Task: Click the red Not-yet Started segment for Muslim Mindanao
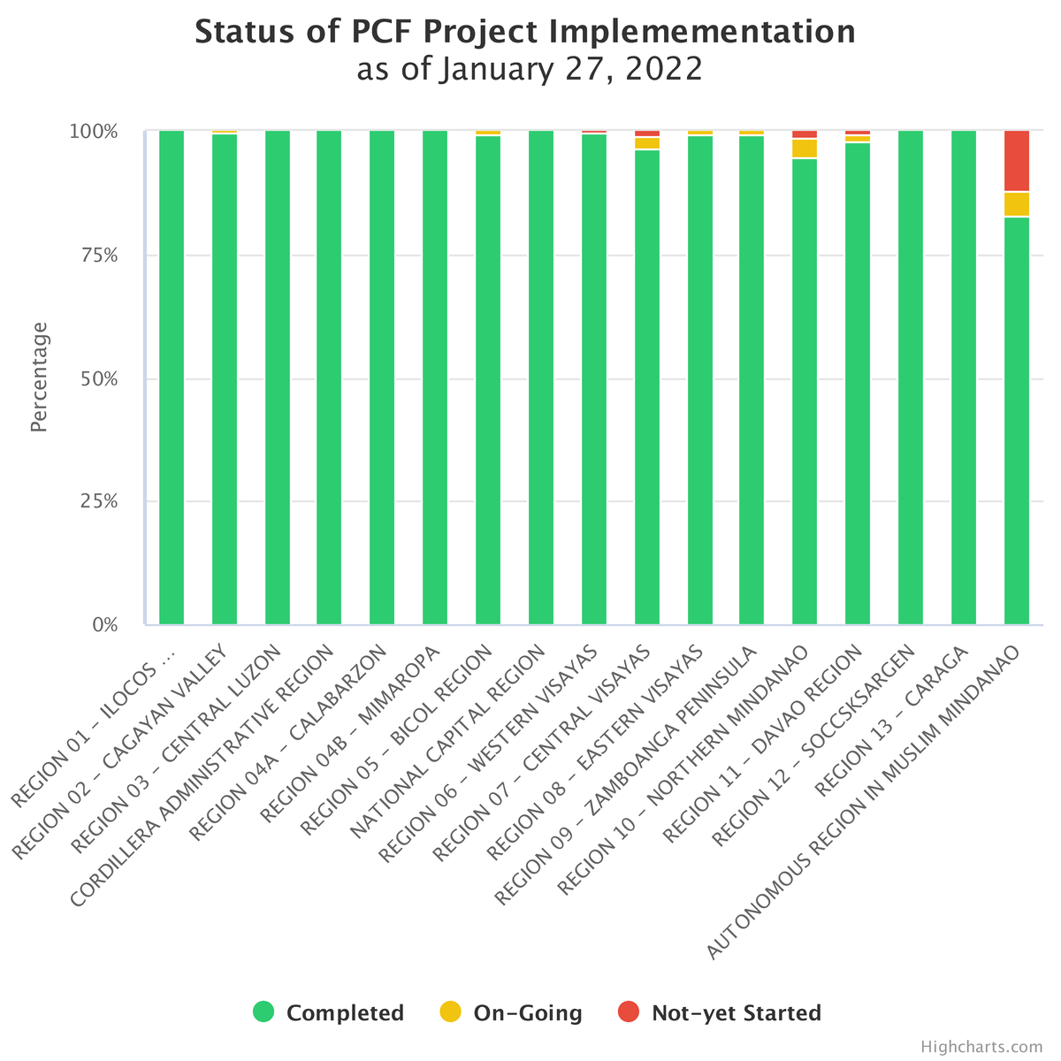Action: [x=1016, y=160]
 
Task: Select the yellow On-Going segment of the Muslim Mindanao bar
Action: [x=1016, y=203]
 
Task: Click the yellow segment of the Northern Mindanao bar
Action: [x=804, y=148]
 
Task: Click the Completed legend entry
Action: [x=329, y=1012]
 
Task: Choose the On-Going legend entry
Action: [x=511, y=1012]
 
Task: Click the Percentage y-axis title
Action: [x=39, y=378]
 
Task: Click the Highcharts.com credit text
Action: [x=981, y=1047]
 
